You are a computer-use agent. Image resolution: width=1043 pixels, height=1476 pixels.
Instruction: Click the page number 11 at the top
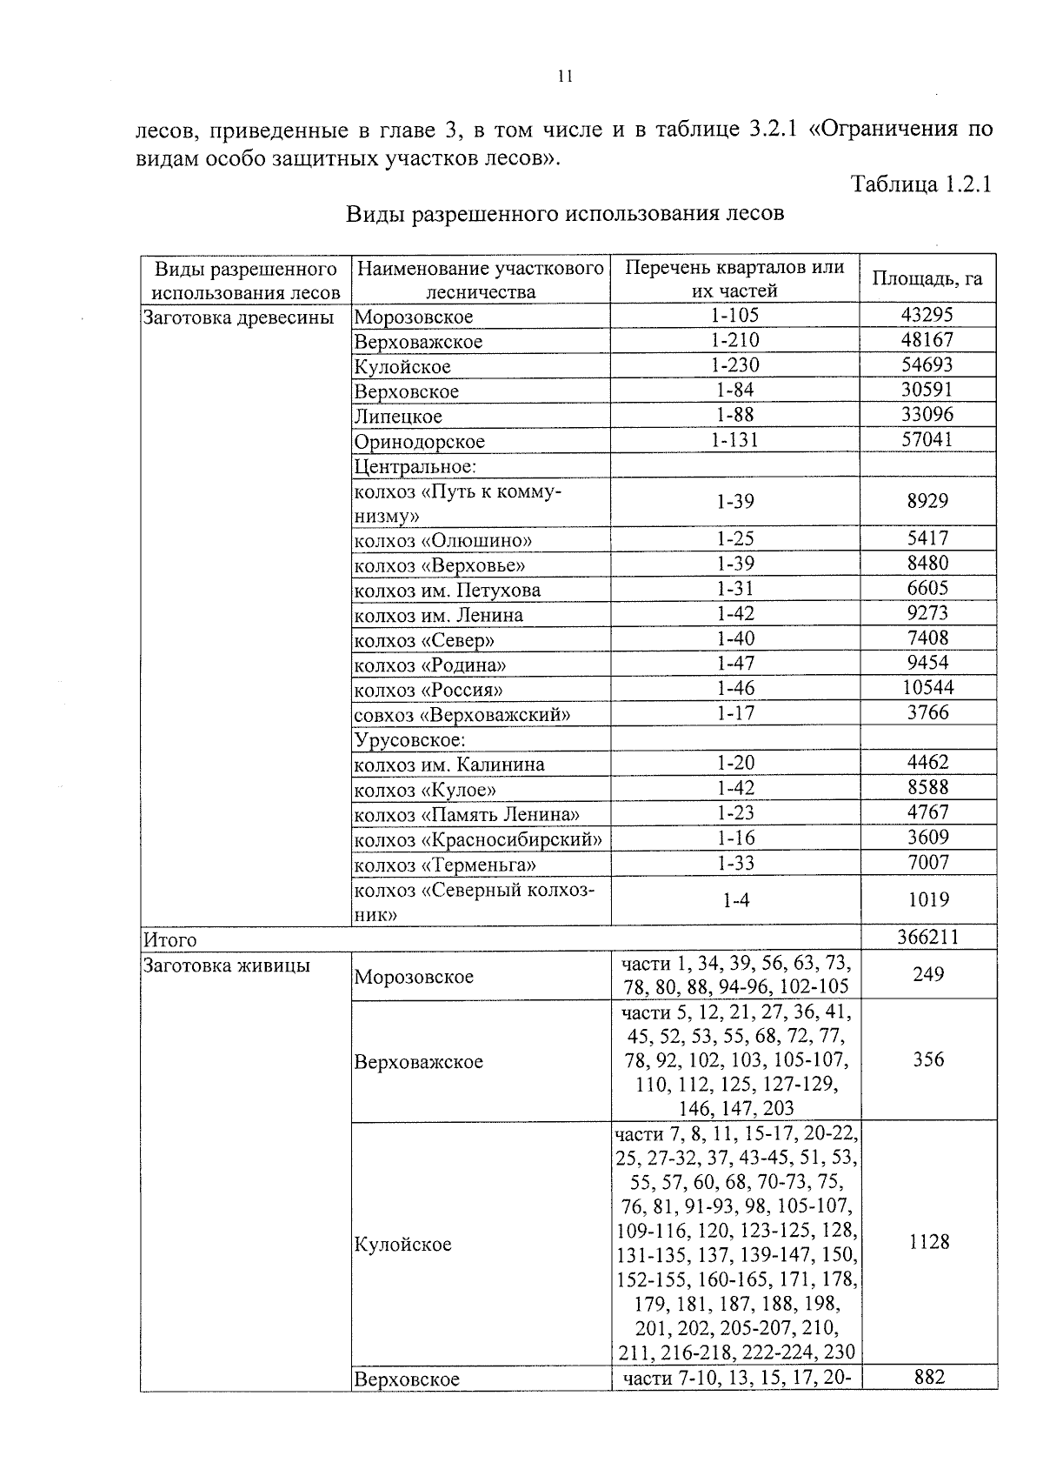click(564, 77)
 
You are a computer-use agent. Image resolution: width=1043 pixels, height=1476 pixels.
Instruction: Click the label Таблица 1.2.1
click(920, 184)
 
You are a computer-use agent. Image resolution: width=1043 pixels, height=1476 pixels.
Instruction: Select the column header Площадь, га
click(927, 278)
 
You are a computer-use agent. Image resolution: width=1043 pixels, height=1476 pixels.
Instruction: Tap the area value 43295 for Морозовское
click(927, 315)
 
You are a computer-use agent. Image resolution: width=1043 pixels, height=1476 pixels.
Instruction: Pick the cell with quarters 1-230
click(734, 364)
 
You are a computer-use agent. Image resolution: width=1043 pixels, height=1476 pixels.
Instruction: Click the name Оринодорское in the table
click(419, 441)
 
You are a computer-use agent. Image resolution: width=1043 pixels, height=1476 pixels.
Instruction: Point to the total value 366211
click(927, 937)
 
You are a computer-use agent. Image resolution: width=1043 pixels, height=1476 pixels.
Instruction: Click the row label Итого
click(170, 939)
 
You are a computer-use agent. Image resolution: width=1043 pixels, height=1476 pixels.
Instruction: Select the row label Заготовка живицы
click(227, 965)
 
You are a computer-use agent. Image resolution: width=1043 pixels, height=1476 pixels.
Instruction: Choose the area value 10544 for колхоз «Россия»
click(927, 687)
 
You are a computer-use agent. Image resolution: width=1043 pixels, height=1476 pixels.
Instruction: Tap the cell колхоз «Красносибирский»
click(478, 839)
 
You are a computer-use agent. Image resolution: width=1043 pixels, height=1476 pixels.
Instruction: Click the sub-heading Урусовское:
click(410, 739)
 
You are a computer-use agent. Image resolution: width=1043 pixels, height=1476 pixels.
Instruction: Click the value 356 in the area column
click(928, 1059)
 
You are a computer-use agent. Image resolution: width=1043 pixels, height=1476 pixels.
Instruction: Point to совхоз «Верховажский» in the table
click(462, 715)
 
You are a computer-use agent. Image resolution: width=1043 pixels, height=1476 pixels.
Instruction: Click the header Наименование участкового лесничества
click(481, 279)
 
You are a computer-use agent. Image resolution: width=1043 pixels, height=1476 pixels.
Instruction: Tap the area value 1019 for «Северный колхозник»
click(927, 899)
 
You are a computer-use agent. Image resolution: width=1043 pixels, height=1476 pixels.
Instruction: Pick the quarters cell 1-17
click(735, 713)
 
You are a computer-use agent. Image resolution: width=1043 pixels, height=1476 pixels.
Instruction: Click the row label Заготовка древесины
click(238, 317)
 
